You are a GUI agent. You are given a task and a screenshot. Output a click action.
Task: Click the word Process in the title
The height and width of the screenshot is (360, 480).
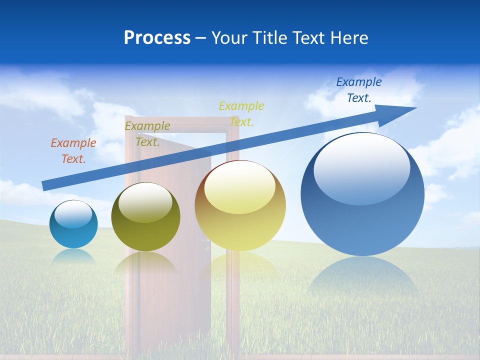(157, 38)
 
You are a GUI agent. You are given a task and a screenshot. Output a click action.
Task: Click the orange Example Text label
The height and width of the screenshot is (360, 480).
(73, 151)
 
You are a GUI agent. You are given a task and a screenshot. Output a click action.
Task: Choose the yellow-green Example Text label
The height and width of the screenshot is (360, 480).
(241, 113)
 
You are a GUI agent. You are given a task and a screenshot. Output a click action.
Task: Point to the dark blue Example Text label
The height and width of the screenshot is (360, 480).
(359, 90)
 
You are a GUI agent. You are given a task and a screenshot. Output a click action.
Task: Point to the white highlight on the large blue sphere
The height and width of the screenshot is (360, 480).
(361, 167)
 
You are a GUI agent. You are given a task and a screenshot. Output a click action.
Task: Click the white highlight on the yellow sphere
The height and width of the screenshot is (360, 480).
(239, 186)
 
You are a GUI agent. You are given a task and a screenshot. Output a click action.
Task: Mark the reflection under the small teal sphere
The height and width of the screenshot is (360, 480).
(73, 256)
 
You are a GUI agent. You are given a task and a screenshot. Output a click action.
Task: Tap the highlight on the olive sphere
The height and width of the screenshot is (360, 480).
(145, 201)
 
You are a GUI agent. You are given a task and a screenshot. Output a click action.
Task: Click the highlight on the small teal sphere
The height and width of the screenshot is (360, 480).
(73, 213)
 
